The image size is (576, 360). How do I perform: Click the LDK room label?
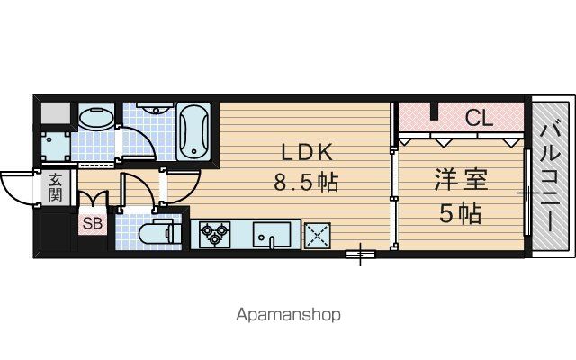pos(307,152)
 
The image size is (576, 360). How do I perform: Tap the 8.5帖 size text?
pos(306,182)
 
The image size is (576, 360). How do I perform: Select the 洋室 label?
pos(461,180)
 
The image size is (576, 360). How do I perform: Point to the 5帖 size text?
pos(461,213)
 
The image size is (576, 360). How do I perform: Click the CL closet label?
pos(479,118)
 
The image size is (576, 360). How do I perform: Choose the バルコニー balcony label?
pos(550,178)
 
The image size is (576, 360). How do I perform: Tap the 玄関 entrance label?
pos(55,187)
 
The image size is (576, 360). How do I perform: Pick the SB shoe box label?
pos(92,223)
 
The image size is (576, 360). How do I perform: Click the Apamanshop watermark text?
pos(288,315)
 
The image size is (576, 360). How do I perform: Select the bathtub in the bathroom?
pos(193,132)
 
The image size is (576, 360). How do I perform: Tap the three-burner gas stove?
pos(214,234)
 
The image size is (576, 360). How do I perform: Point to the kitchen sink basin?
pos(272,235)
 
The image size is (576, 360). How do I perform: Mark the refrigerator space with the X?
pos(317,236)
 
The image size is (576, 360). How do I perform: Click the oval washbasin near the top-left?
pos(96,118)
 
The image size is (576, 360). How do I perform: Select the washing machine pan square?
pos(55,147)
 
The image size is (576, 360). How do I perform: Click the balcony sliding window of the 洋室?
pos(526,192)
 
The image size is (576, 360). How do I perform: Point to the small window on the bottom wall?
pos(360,254)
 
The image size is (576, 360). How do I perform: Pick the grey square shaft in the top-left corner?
pos(55,113)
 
